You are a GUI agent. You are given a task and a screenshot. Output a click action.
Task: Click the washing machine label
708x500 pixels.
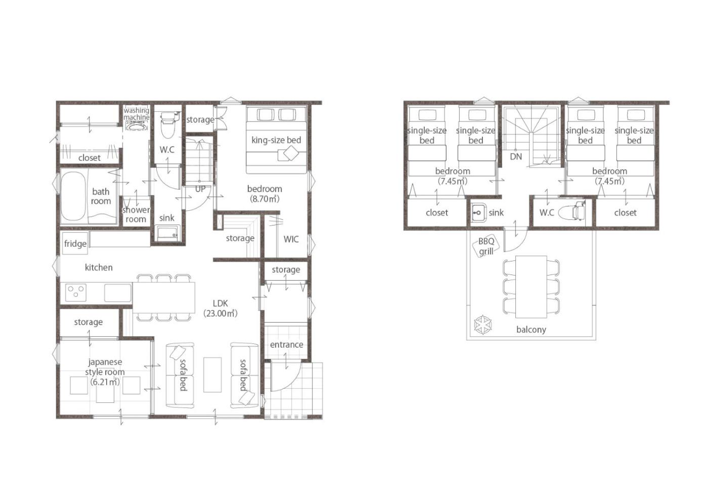tap(137, 114)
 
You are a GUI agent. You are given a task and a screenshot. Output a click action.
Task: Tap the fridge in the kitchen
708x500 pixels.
tap(75, 243)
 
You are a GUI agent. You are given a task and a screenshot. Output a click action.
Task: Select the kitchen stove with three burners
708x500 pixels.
tap(76, 292)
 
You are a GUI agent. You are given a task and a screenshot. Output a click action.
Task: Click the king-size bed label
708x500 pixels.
tap(276, 140)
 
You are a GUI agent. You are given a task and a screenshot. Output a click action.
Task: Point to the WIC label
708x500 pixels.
tap(291, 239)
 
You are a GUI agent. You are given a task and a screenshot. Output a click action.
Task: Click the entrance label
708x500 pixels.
tap(286, 344)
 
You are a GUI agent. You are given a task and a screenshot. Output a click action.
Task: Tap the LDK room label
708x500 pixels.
tap(220, 308)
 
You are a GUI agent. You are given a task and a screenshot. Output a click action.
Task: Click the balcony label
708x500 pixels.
tap(531, 330)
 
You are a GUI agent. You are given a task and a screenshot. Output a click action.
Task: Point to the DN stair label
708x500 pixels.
tap(516, 156)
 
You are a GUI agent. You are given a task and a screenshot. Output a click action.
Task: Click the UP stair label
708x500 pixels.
tap(200, 189)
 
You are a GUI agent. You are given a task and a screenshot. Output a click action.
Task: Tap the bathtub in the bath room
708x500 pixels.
tap(73, 196)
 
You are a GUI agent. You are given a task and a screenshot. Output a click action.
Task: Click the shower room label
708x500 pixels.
tap(136, 214)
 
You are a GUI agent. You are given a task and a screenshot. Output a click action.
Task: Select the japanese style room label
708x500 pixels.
tap(105, 372)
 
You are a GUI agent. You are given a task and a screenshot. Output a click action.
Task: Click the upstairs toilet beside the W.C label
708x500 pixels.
tap(572, 210)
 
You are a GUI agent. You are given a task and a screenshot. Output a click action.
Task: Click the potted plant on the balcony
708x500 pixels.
tap(483, 325)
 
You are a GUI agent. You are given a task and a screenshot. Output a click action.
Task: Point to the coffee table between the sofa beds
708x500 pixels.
tap(212, 375)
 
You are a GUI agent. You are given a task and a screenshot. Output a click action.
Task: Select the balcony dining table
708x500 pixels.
tap(531, 287)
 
